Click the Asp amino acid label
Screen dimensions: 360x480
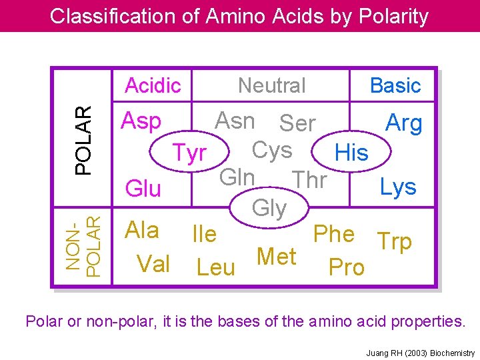(x=141, y=121)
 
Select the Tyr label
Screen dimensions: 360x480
(x=189, y=153)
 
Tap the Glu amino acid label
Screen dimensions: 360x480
(x=143, y=189)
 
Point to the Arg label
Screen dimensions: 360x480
(x=404, y=123)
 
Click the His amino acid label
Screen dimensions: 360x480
(x=351, y=153)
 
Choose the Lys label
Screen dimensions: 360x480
(x=398, y=187)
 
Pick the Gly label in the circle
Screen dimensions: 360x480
(x=269, y=209)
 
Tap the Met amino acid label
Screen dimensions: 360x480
(x=276, y=256)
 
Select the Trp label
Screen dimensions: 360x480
(x=394, y=241)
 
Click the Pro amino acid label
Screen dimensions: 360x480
(x=347, y=267)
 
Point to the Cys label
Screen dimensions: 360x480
(x=272, y=151)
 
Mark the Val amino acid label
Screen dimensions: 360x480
(x=153, y=264)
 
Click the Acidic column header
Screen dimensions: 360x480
(x=153, y=85)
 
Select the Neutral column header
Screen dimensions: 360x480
(x=272, y=85)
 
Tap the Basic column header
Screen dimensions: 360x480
(x=395, y=85)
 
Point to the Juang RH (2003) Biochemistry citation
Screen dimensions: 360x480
(x=421, y=353)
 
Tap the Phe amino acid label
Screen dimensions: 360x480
(x=333, y=234)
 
